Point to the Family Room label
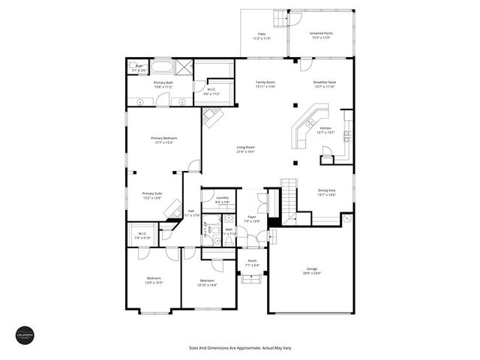click(265, 84)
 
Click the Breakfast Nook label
click(324, 84)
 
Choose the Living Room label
click(247, 149)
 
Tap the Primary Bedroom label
click(163, 140)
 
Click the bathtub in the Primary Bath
click(162, 67)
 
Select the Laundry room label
click(222, 199)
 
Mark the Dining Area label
click(326, 193)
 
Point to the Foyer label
click(251, 219)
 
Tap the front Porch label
click(251, 263)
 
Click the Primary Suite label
click(152, 195)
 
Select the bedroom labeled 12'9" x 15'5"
click(153, 281)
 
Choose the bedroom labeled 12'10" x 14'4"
click(207, 283)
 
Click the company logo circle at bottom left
click(25, 335)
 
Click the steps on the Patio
click(280, 18)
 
